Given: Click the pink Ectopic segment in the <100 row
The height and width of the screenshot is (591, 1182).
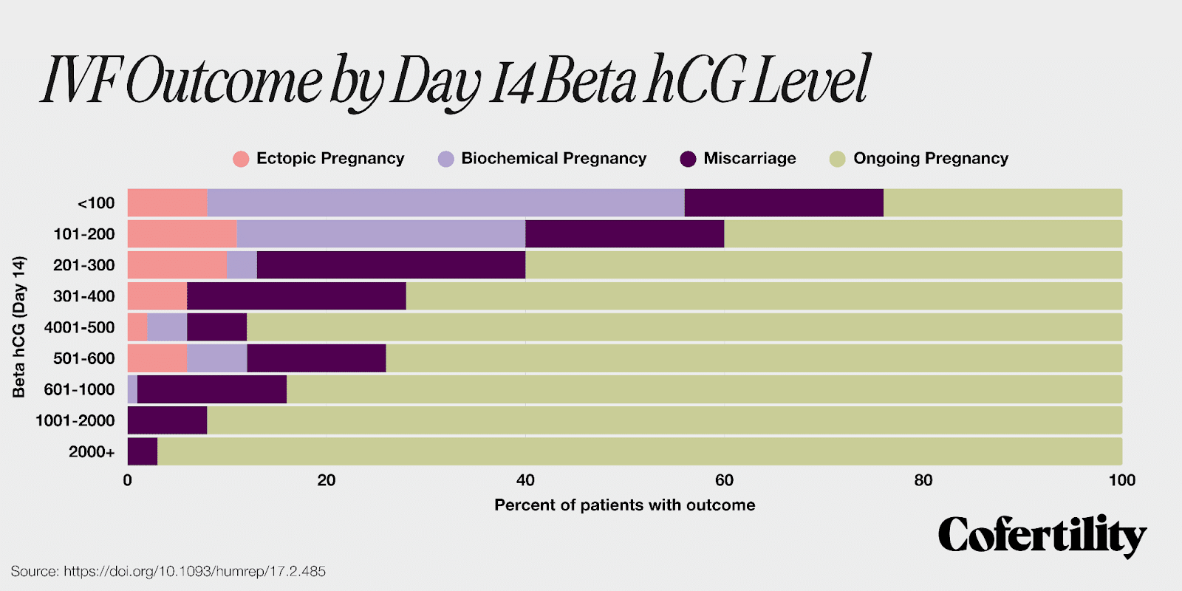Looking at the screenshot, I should coord(167,202).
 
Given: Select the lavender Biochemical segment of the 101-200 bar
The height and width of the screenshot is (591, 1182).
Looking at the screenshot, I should coord(380,233).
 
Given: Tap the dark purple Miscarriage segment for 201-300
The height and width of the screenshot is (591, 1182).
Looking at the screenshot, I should coord(391,264).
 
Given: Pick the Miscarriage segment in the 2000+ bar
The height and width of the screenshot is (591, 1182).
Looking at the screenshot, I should coord(143,451).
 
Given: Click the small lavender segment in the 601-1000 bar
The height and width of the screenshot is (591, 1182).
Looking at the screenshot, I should coord(132,389).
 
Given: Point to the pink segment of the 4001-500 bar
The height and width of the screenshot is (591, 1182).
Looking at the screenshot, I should coord(137,327).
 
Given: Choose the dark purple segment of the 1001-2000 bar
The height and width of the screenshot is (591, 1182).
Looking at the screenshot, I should coord(167,420).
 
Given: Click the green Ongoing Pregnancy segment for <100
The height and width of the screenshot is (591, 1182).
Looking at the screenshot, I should coord(1002,202).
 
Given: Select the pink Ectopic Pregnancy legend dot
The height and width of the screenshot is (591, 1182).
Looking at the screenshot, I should coord(241,159).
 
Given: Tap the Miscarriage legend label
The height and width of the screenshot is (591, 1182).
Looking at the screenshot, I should coord(749,158).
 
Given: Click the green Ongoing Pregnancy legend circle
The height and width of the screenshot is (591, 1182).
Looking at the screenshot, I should coord(837,159).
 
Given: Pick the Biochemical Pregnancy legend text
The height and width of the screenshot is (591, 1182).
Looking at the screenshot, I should coord(553,158).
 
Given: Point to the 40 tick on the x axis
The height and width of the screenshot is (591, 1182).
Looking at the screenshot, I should coord(525,480).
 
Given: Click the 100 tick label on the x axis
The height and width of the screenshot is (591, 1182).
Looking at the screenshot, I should coord(1121,480).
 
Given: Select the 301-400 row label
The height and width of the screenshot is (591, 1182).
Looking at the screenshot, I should coord(84,296).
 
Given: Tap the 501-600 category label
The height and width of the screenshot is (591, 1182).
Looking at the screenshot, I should coord(84,358).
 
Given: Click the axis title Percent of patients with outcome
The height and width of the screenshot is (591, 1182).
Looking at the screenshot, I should coord(624,505).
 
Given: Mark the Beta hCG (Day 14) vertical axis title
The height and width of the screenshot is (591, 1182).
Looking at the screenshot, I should coord(19,327).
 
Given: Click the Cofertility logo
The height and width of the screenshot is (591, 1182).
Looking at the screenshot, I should coord(1042,536).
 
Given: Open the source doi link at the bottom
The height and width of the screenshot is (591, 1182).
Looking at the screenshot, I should coord(194,571).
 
